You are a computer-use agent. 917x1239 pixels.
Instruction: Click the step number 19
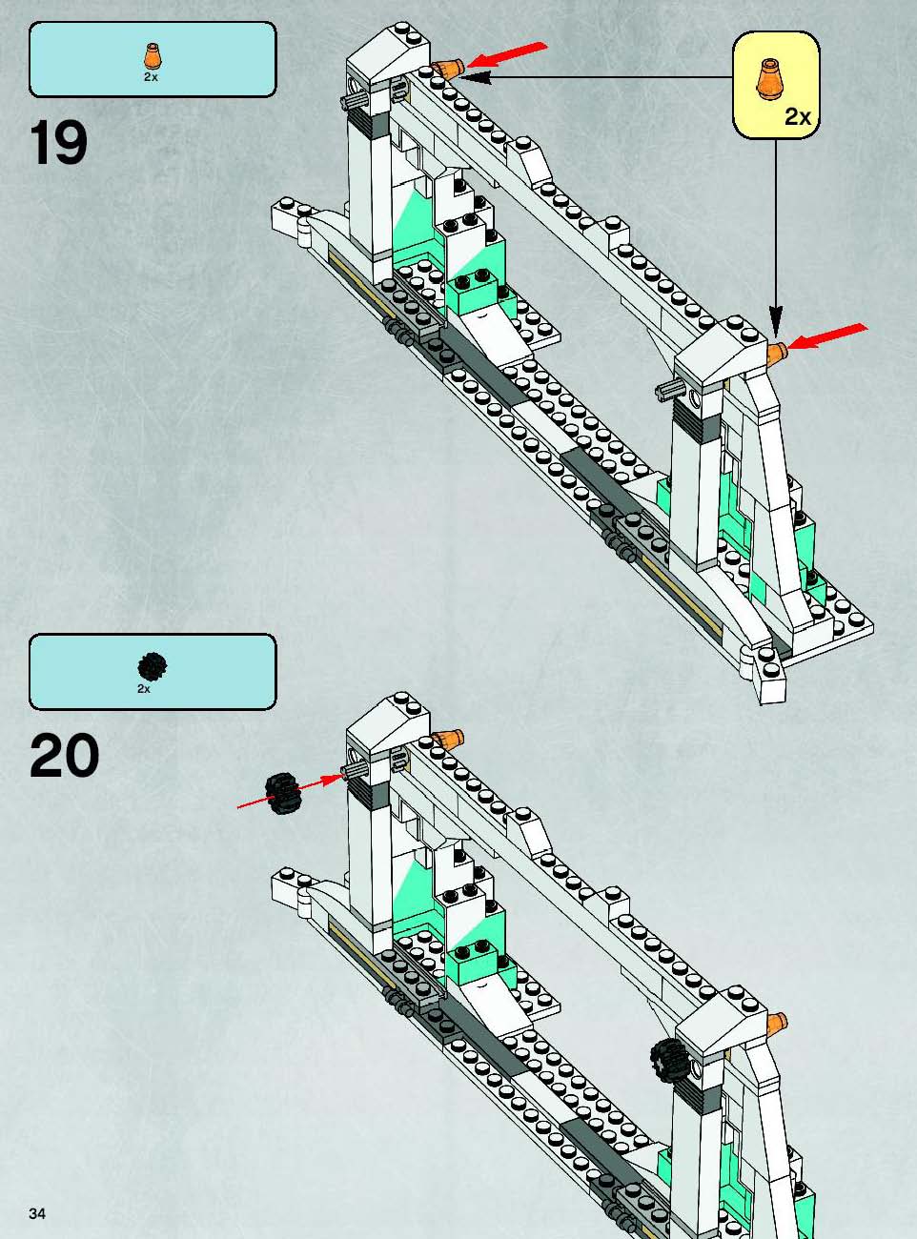59,143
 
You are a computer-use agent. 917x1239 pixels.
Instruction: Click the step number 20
64,755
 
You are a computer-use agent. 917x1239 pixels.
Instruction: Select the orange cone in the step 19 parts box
151,56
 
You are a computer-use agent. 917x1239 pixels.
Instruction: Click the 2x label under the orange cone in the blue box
151,77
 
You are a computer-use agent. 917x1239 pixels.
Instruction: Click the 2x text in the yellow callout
798,116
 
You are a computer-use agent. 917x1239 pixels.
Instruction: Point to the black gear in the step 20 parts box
152,666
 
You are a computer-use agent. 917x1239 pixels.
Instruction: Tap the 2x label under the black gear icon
144,689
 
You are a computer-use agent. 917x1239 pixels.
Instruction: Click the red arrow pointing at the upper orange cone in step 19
507,54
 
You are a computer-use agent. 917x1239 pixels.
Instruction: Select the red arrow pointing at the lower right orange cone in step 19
828,336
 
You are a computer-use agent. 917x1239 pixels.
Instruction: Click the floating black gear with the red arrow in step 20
283,793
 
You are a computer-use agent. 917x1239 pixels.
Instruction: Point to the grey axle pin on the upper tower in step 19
353,100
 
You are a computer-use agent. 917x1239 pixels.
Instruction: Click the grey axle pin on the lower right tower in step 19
669,391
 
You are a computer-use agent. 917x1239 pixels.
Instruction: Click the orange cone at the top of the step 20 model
448,740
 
